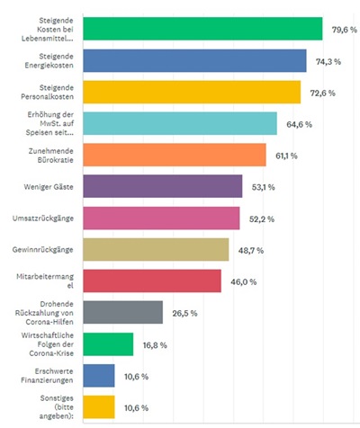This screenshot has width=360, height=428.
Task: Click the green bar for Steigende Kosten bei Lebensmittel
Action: pos(202,29)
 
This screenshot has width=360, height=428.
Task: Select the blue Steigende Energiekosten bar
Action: pos(195,61)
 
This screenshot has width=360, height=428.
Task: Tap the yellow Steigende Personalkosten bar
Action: pos(192,93)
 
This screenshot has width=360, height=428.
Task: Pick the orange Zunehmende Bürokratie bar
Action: pos(175,155)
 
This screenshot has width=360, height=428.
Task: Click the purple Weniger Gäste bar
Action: pos(163,186)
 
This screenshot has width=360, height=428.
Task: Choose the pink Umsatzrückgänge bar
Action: pos(161,218)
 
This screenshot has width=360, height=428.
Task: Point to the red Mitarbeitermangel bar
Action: pos(152,281)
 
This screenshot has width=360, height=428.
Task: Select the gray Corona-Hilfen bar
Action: pos(123,312)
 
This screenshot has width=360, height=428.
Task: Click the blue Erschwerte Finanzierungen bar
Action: pos(99,376)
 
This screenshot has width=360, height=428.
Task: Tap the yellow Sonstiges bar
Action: pos(99,407)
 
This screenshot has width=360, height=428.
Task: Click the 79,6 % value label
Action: pos(345,30)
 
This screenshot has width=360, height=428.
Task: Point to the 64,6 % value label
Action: pos(299,124)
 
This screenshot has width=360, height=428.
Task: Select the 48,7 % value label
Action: pos(251,250)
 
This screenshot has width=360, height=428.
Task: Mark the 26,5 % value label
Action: pos(184,313)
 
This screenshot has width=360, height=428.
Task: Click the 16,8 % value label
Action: pos(155,345)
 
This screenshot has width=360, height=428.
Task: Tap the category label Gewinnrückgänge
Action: pos(43,250)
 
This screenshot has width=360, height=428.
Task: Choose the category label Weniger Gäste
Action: pos(49,187)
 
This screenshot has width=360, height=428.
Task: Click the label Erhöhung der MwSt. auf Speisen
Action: pos(49,123)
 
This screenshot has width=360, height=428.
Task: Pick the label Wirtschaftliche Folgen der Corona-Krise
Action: pos(48,344)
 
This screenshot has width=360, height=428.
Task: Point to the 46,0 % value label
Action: pos(244,282)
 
